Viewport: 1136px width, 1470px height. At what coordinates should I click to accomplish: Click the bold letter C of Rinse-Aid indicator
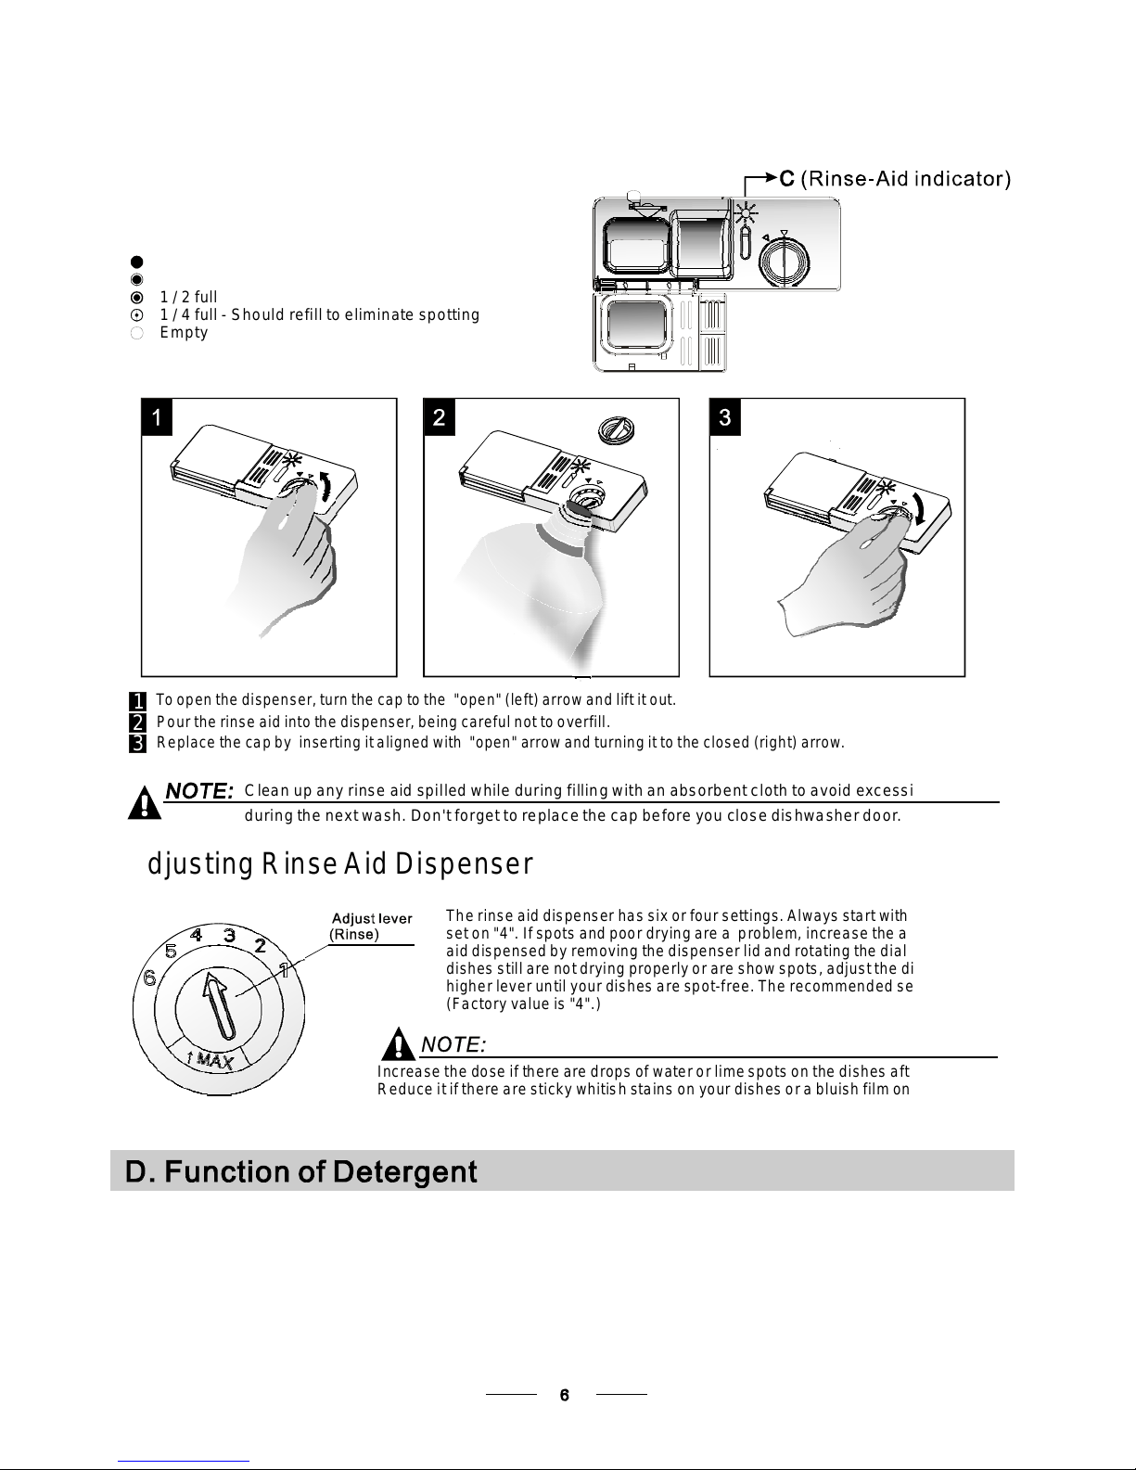pyautogui.click(x=786, y=179)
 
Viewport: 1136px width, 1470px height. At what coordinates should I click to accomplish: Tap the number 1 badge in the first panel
pyautogui.click(x=157, y=416)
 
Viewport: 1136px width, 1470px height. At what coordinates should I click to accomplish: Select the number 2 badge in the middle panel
pyautogui.click(x=439, y=416)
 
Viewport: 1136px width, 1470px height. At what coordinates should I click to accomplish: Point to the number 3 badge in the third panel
pyautogui.click(x=725, y=416)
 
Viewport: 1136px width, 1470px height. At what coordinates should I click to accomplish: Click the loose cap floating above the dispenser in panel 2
pyautogui.click(x=616, y=429)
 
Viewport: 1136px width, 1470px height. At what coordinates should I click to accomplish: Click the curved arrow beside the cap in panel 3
pyautogui.click(x=919, y=507)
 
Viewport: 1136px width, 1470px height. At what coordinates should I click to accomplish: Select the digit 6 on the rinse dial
pyautogui.click(x=149, y=978)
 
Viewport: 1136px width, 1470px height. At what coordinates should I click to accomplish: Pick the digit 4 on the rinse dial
pyautogui.click(x=196, y=935)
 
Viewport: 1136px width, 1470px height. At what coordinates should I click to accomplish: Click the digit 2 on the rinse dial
pyautogui.click(x=261, y=945)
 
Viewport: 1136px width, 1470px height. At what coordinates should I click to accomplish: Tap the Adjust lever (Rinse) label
pyautogui.click(x=371, y=927)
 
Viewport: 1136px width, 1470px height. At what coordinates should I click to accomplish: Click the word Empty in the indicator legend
pyautogui.click(x=184, y=332)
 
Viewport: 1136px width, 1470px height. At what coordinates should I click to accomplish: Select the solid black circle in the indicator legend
pyautogui.click(x=136, y=262)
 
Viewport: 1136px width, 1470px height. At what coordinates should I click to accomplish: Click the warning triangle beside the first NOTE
pyautogui.click(x=145, y=803)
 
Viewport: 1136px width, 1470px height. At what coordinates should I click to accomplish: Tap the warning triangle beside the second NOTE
pyautogui.click(x=398, y=1043)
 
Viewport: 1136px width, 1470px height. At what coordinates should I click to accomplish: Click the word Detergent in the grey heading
pyautogui.click(x=405, y=1172)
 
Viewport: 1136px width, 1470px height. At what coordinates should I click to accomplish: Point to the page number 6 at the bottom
pyautogui.click(x=565, y=1395)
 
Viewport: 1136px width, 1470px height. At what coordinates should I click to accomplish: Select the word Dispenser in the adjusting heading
pyautogui.click(x=464, y=863)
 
